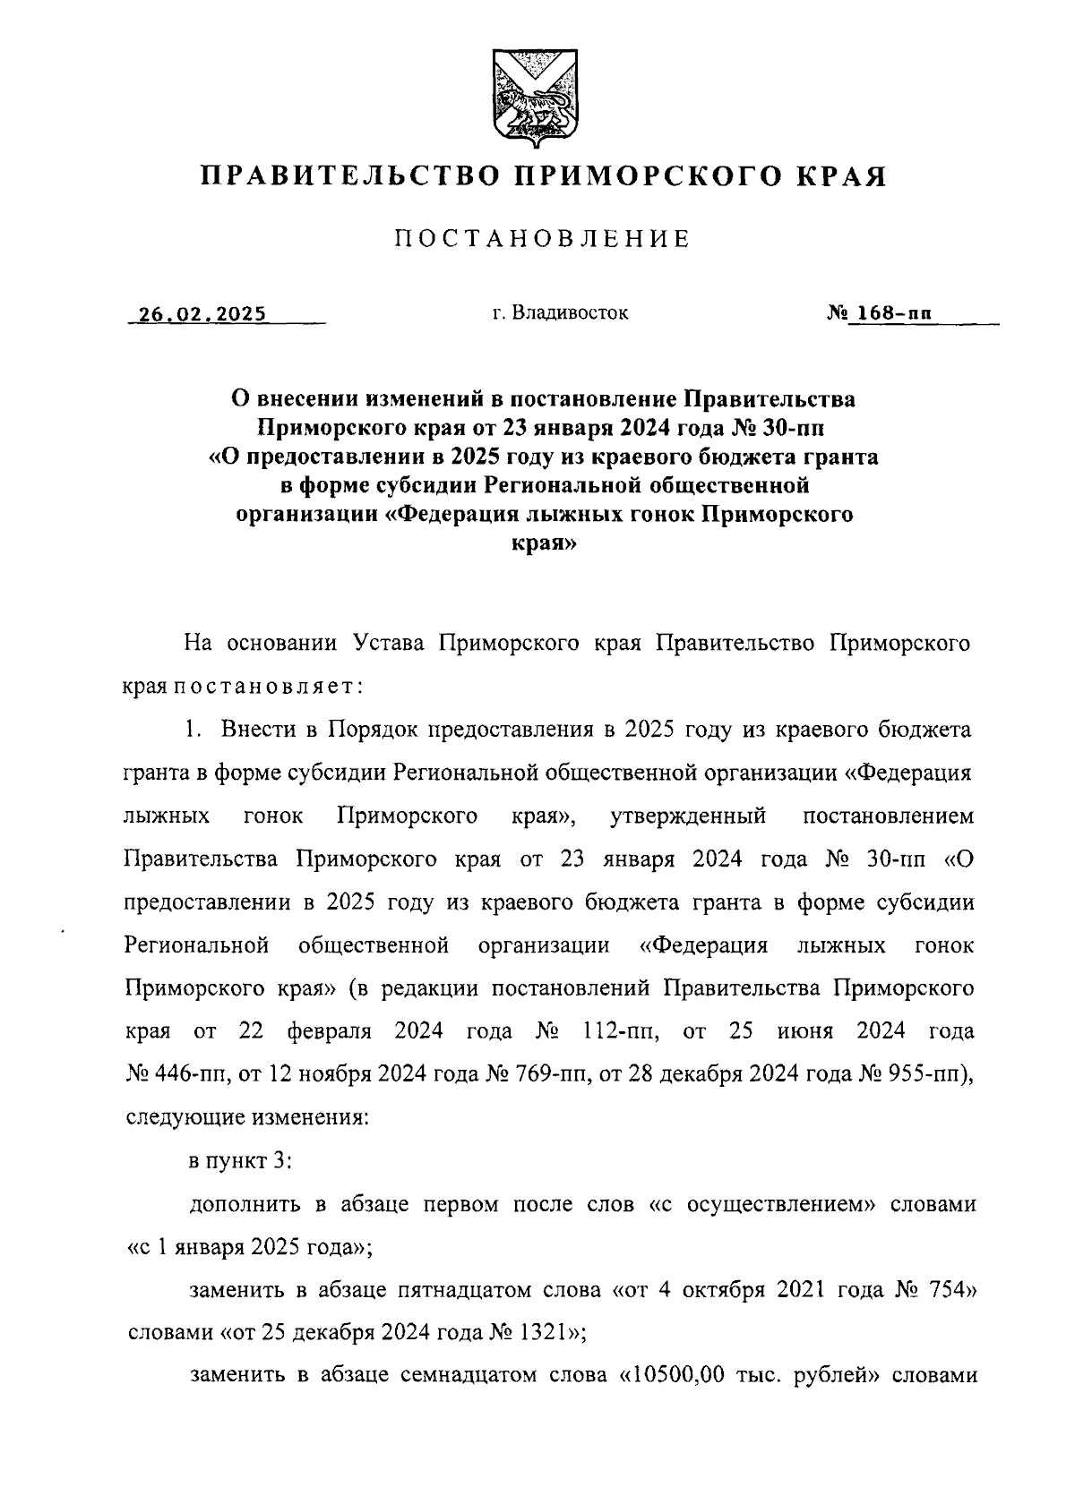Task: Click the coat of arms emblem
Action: pos(534,99)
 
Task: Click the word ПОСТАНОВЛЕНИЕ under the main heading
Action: pos(542,239)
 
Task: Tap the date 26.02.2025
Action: pos(200,314)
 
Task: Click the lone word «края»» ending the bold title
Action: pos(543,543)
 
